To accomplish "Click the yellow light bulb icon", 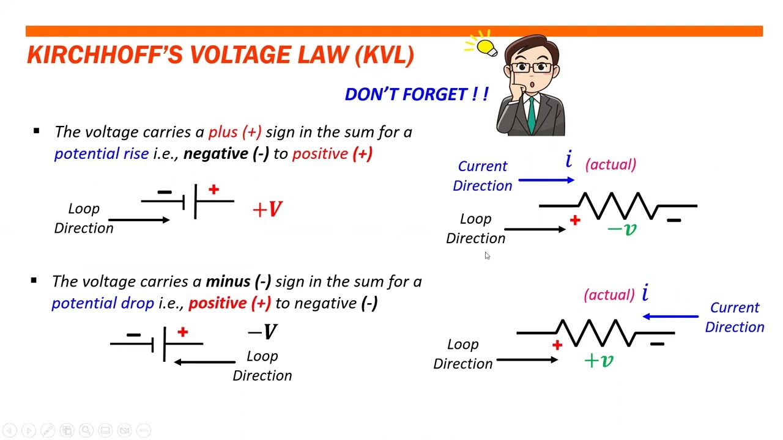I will (486, 47).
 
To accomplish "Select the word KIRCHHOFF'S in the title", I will (105, 55).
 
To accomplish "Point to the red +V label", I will (267, 210).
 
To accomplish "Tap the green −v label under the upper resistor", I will (622, 229).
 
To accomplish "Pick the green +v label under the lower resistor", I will (599, 361).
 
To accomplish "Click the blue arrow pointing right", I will (546, 180).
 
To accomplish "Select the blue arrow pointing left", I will (670, 317).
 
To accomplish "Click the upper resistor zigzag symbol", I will (618, 206).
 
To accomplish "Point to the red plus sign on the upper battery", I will (213, 190).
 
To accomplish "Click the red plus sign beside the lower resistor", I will (557, 345).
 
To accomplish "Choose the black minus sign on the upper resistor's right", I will (674, 220).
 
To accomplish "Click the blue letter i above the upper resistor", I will (569, 160).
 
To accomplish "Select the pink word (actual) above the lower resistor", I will (609, 295).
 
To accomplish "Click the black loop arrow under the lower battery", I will (204, 362).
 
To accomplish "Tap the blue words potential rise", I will (102, 153).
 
